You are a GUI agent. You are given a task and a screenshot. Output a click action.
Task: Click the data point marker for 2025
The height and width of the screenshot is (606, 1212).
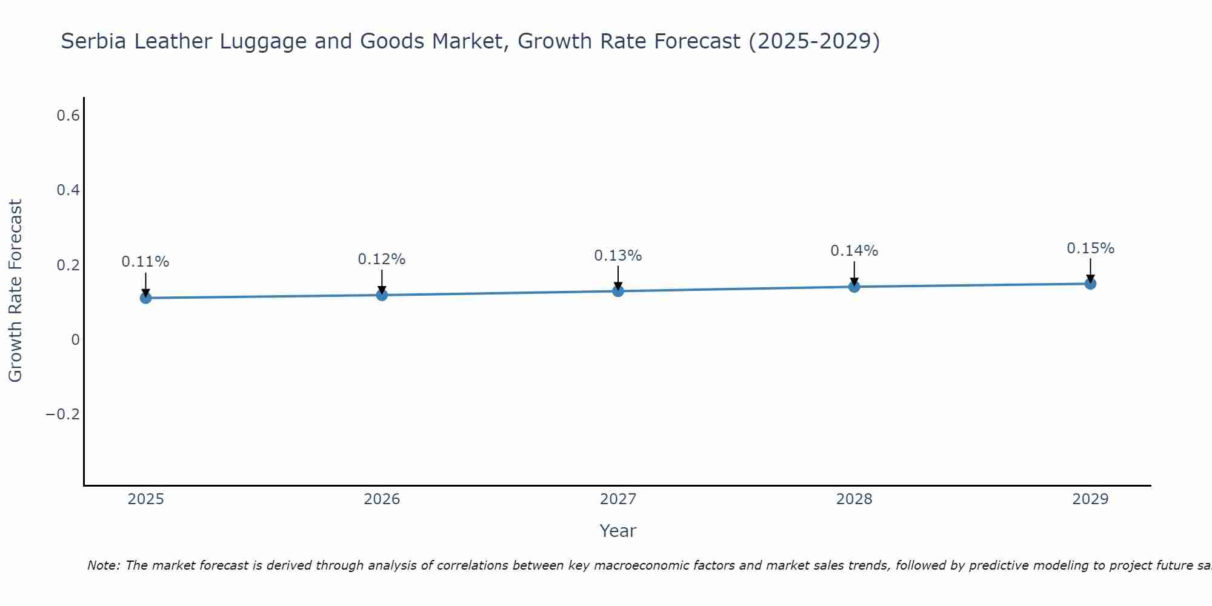click(145, 298)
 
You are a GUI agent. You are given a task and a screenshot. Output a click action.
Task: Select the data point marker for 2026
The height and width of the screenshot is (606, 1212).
click(382, 295)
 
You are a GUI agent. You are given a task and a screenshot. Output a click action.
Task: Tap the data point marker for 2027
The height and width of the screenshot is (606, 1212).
click(618, 291)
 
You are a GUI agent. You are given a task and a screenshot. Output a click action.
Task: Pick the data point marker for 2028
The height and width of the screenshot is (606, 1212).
click(854, 286)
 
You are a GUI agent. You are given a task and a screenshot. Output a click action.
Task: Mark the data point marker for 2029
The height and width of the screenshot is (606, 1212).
click(1090, 283)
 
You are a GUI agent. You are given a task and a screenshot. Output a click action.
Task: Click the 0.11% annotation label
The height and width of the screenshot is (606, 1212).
click(145, 262)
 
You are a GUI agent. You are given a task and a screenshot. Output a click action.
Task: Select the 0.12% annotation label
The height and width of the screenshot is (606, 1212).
click(381, 259)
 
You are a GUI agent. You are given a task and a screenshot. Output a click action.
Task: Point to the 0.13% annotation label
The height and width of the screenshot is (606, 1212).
click(618, 256)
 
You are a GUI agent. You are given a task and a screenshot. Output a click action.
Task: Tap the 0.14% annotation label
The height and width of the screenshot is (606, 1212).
click(854, 251)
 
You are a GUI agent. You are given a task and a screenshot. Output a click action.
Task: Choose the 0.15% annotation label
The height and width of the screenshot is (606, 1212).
click(1090, 248)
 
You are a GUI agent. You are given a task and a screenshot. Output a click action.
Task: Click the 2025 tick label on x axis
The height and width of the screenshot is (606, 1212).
click(145, 499)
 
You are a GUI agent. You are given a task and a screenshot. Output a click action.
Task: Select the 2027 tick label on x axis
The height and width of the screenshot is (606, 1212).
click(618, 499)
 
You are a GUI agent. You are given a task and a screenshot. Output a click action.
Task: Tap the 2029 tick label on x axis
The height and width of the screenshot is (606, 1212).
click(1090, 499)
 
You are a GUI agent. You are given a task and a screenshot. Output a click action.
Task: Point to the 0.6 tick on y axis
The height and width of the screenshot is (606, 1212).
click(68, 115)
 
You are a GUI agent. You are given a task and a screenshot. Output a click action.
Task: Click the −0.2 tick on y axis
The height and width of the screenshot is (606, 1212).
click(63, 414)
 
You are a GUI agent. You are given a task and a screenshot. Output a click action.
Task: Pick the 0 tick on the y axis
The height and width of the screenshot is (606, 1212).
click(75, 339)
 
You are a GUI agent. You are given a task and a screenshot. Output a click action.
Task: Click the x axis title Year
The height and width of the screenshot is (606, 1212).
click(618, 531)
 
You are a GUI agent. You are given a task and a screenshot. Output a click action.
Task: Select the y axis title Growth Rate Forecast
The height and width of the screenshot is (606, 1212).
click(15, 291)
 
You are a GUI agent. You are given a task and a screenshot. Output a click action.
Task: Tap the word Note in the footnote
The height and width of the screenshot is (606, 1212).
click(103, 565)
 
